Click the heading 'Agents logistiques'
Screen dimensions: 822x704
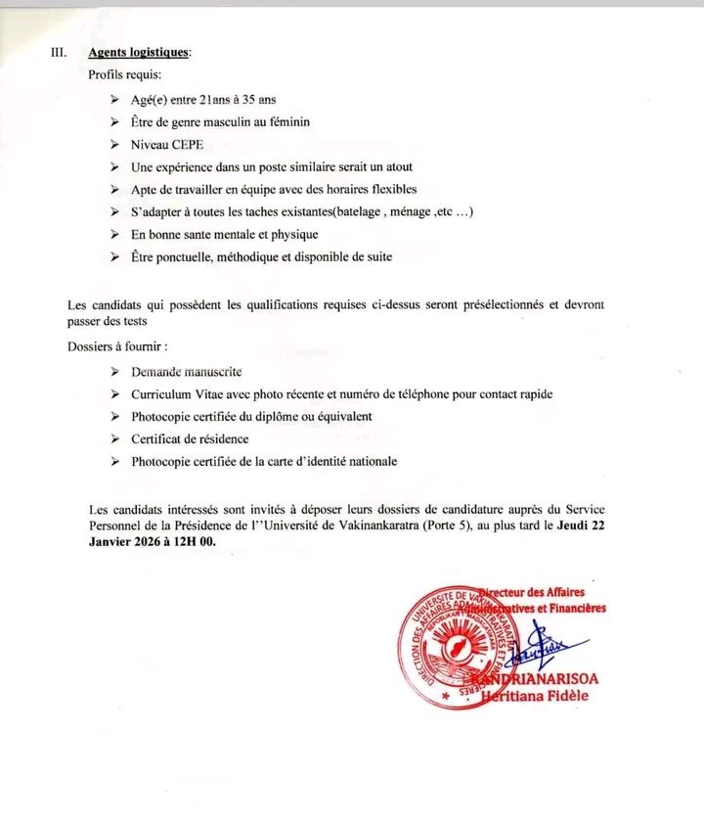pos(140,53)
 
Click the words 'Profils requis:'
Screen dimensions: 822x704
pos(125,75)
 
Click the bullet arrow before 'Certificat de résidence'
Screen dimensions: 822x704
pos(115,439)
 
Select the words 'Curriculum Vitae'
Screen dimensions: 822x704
pos(177,394)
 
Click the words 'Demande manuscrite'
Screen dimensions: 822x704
pos(186,372)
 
